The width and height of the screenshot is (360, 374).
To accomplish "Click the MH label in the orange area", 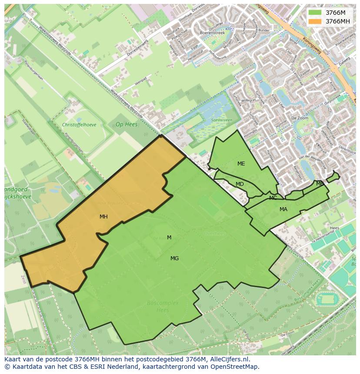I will [103, 217].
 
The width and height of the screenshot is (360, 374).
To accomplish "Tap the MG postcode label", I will [174, 258].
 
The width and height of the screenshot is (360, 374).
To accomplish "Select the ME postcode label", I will [241, 164].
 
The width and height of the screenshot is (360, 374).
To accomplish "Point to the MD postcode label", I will [240, 184].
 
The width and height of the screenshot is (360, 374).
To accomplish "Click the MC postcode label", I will [273, 198].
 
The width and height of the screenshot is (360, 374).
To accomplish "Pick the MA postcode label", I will [283, 209].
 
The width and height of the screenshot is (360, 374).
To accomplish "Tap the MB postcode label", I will [320, 183].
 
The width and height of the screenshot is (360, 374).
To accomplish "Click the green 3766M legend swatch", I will [315, 13].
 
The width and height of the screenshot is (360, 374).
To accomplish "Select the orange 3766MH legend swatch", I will [315, 21].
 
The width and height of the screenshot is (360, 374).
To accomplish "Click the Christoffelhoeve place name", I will [79, 125].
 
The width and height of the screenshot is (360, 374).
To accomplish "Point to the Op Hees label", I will [126, 124].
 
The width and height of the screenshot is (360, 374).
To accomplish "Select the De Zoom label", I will [300, 118].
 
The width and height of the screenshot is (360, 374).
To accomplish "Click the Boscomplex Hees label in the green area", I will [163, 306].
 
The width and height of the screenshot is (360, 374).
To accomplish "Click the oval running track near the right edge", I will [326, 299].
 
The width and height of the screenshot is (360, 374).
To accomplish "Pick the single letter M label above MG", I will [169, 238].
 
